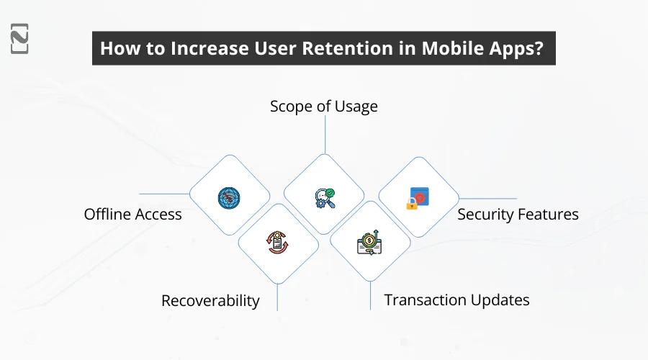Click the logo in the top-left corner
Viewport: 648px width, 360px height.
[19, 38]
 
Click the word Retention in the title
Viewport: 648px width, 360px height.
[348, 48]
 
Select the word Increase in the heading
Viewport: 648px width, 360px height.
[210, 48]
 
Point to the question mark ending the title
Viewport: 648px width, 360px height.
[539, 48]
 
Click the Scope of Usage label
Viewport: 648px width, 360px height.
[323, 107]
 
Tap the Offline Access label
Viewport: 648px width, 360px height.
[132, 214]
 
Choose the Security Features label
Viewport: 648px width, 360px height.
[518, 214]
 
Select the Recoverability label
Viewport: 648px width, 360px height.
[210, 301]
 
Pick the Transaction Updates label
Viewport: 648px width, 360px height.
[456, 300]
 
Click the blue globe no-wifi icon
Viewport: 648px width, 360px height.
[229, 198]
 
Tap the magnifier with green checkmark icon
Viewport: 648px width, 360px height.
[325, 198]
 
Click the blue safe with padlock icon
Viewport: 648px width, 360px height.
[418, 199]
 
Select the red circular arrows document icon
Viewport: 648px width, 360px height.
[277, 242]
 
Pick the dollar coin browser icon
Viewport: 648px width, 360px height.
[369, 243]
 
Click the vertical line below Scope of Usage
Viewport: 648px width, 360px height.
[325, 135]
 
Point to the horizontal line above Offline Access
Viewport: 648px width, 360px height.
[164, 194]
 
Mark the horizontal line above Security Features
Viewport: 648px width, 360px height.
[487, 199]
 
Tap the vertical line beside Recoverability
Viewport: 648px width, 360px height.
[277, 297]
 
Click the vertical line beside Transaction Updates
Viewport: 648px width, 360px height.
[370, 295]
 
